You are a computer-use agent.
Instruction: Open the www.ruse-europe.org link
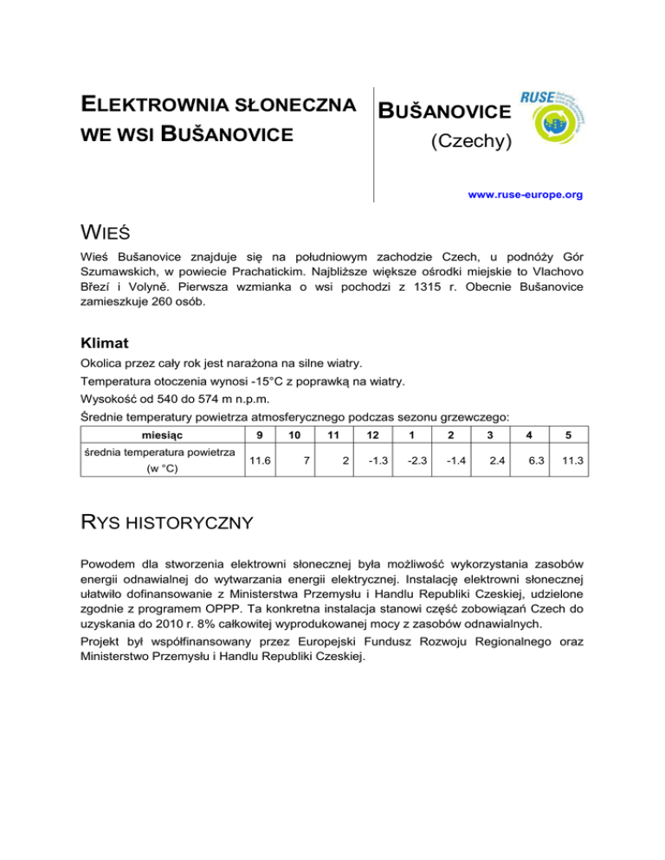point(525,196)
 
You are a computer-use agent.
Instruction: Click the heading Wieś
point(115,234)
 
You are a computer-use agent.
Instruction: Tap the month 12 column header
point(371,433)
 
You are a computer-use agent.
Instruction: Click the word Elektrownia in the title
point(152,108)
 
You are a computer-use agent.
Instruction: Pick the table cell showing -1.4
point(451,462)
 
